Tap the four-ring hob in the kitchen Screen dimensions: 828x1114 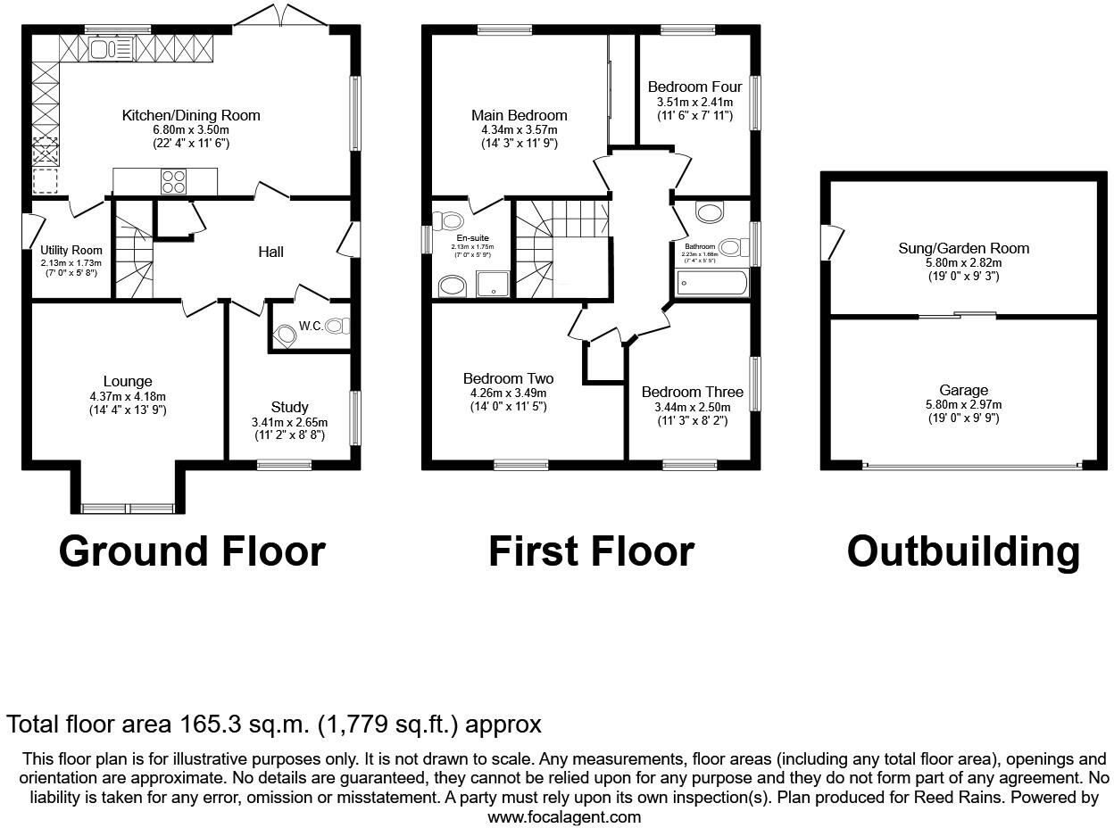pyautogui.click(x=173, y=181)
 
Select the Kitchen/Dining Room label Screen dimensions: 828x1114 pyautogui.click(x=191, y=115)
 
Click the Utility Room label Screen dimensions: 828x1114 pyautogui.click(x=71, y=251)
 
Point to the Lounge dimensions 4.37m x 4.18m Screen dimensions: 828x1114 pyautogui.click(x=128, y=396)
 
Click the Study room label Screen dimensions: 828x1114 pyautogui.click(x=290, y=408)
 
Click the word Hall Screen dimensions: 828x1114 pyautogui.click(x=270, y=252)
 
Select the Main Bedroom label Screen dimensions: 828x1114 pyautogui.click(x=519, y=115)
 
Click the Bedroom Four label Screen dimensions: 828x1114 pyautogui.click(x=694, y=87)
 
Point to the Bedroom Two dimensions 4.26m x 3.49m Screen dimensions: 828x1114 pyautogui.click(x=508, y=393)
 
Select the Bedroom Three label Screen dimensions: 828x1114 pyautogui.click(x=692, y=393)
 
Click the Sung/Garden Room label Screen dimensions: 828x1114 pyautogui.click(x=963, y=248)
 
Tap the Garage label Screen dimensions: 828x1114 pyautogui.click(x=963, y=390)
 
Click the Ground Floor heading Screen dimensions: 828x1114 pyautogui.click(x=192, y=551)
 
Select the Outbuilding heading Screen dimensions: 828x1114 pyautogui.click(x=962, y=551)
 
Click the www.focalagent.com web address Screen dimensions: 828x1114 pyautogui.click(x=564, y=816)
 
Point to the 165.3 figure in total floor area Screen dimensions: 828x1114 pyautogui.click(x=205, y=724)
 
